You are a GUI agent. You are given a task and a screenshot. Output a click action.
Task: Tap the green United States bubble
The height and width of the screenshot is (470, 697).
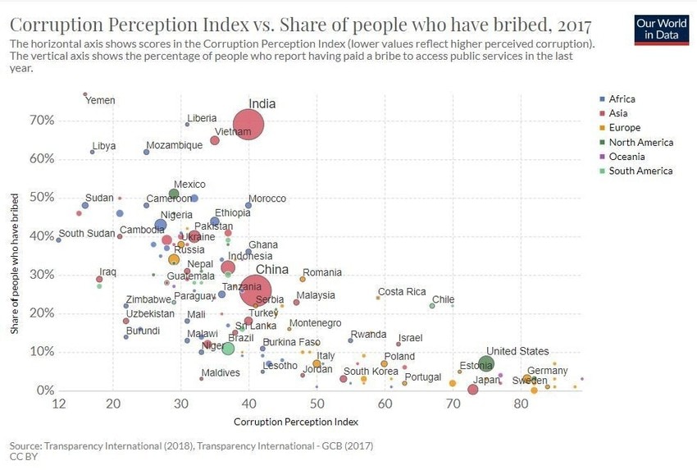(x=486, y=364)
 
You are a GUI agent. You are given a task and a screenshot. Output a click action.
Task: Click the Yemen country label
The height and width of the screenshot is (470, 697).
(x=101, y=101)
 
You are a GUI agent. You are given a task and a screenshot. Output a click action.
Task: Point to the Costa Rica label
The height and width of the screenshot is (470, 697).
(x=402, y=292)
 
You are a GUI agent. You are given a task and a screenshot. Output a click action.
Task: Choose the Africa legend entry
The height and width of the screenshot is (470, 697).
(x=622, y=99)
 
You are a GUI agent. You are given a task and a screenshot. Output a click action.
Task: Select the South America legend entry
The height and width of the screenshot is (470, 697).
(x=640, y=171)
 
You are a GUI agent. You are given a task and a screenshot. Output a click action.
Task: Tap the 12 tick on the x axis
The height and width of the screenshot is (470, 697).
(x=58, y=404)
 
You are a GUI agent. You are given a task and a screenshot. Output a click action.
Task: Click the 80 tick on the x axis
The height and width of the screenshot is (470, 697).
(x=520, y=404)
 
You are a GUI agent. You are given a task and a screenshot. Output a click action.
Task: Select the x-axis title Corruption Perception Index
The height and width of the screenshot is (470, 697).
(x=296, y=421)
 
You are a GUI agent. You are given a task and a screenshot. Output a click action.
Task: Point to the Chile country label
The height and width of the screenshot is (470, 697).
(x=443, y=300)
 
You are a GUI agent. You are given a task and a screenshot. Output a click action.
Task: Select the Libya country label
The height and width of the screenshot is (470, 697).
(x=104, y=146)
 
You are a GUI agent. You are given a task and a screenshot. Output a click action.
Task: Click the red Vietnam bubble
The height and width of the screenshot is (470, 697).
(x=215, y=140)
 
